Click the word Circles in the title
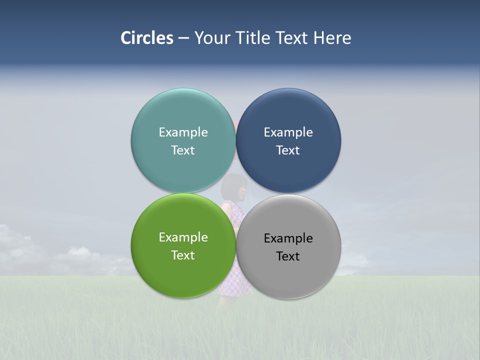coord(147,38)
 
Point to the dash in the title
coord(183,38)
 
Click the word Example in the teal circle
coord(183,132)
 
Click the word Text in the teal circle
coord(183,150)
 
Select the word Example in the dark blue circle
coord(288,132)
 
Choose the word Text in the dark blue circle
coord(288,150)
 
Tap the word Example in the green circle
coord(183,237)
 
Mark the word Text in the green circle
coord(183,255)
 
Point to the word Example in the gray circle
coord(288,238)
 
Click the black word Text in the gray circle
coord(288,256)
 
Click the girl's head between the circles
coord(235,187)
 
